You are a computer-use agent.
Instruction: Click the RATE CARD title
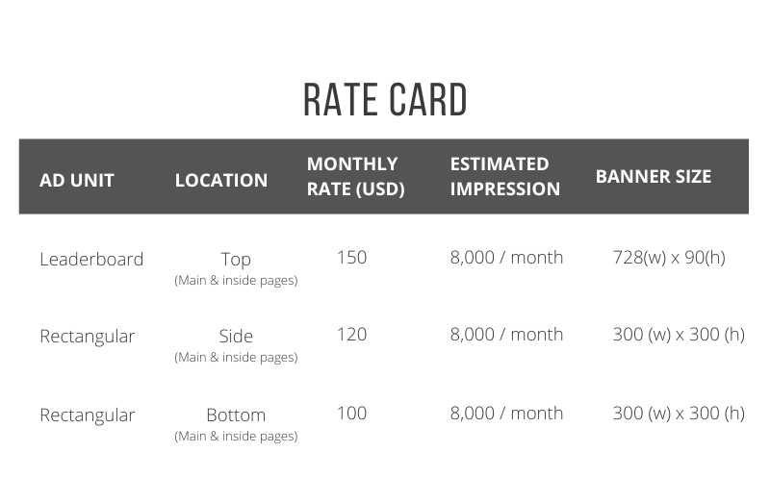pos(385,100)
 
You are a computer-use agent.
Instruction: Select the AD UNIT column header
pos(77,181)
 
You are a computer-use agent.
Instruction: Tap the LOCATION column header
pos(221,181)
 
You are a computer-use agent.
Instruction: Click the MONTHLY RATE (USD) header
pos(355,176)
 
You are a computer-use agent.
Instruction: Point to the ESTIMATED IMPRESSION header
pos(504,176)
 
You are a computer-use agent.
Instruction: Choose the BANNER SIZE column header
pos(654,177)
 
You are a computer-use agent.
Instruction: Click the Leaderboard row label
pos(91,259)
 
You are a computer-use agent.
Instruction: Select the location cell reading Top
pos(236,260)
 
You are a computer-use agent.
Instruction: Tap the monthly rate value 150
pos(351,258)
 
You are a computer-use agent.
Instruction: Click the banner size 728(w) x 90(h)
pos(669,258)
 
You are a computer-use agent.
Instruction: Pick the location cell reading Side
pos(236,337)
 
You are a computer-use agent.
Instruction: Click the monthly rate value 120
pos(351,335)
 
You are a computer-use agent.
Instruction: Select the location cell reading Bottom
pos(236,415)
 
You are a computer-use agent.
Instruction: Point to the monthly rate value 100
pos(351,414)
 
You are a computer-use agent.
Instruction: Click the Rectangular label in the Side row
pos(87,337)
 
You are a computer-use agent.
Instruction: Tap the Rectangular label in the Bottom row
pos(87,415)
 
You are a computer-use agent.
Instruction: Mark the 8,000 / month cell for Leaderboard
pos(506,258)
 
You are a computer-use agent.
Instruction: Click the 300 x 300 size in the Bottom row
pos(679,414)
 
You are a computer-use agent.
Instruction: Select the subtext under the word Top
pos(236,281)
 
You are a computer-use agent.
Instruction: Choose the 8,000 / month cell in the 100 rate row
pos(506,414)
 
